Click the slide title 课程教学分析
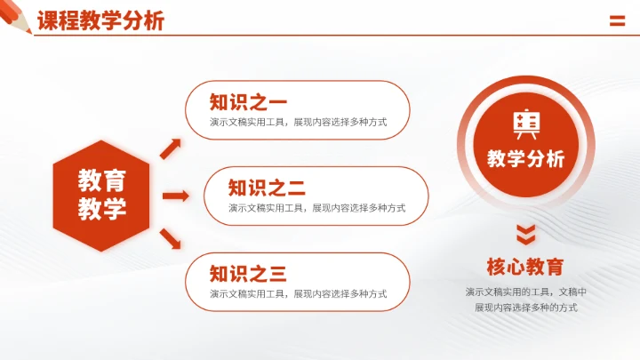pyautogui.click(x=100, y=21)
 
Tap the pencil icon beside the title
pyautogui.click(x=17, y=20)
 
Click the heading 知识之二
pyautogui.click(x=267, y=188)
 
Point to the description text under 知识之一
pyautogui.click(x=298, y=123)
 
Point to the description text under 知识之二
pyautogui.click(x=316, y=208)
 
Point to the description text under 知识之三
pyautogui.click(x=298, y=294)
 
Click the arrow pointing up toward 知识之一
pyautogui.click(x=172, y=148)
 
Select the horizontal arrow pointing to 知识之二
pyautogui.click(x=175, y=195)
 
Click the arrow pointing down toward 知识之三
pyautogui.click(x=172, y=239)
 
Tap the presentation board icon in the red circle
pyautogui.click(x=526, y=125)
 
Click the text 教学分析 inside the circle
pyautogui.click(x=526, y=159)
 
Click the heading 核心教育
pyautogui.click(x=526, y=267)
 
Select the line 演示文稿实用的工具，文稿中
pyautogui.click(x=526, y=292)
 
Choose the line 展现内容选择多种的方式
pyautogui.click(x=526, y=308)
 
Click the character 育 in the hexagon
pyautogui.click(x=115, y=180)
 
